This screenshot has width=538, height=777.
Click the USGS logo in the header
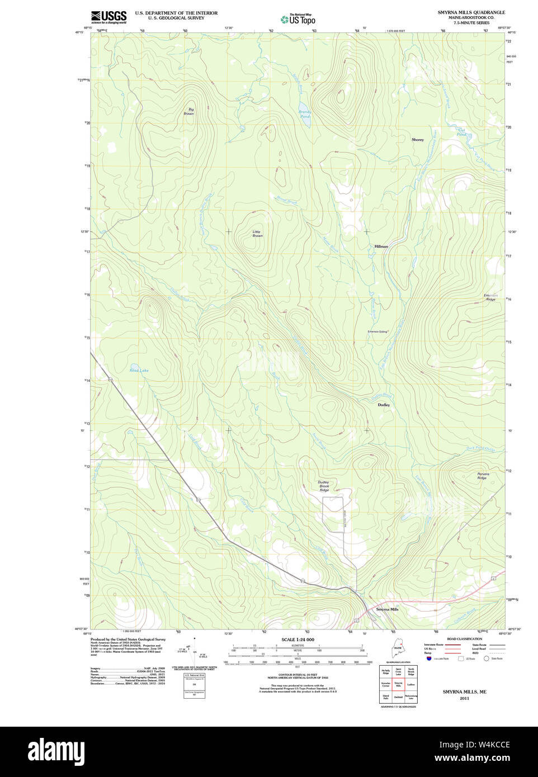(x=108, y=17)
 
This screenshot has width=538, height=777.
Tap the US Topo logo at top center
(x=298, y=19)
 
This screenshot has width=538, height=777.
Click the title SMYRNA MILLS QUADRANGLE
(x=471, y=12)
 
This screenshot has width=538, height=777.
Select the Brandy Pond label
(x=304, y=114)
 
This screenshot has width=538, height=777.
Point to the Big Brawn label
(x=190, y=112)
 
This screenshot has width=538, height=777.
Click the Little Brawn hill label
(x=257, y=234)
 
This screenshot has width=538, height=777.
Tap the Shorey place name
(x=417, y=140)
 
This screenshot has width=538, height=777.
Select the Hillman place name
(x=381, y=247)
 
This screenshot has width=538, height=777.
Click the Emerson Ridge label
(x=490, y=297)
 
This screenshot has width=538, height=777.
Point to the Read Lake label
(x=139, y=371)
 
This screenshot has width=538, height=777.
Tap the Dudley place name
(x=384, y=405)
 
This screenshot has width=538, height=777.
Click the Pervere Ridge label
(x=483, y=476)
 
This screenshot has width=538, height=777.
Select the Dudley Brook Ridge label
(x=324, y=486)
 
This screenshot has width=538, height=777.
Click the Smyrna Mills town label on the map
(x=387, y=609)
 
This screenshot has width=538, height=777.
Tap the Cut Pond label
(x=461, y=132)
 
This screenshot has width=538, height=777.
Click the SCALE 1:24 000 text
(x=298, y=639)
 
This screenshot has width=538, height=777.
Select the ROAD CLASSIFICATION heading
(x=464, y=639)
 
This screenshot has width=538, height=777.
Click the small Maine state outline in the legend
(x=398, y=651)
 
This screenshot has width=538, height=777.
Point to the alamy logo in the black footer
(x=56, y=751)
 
